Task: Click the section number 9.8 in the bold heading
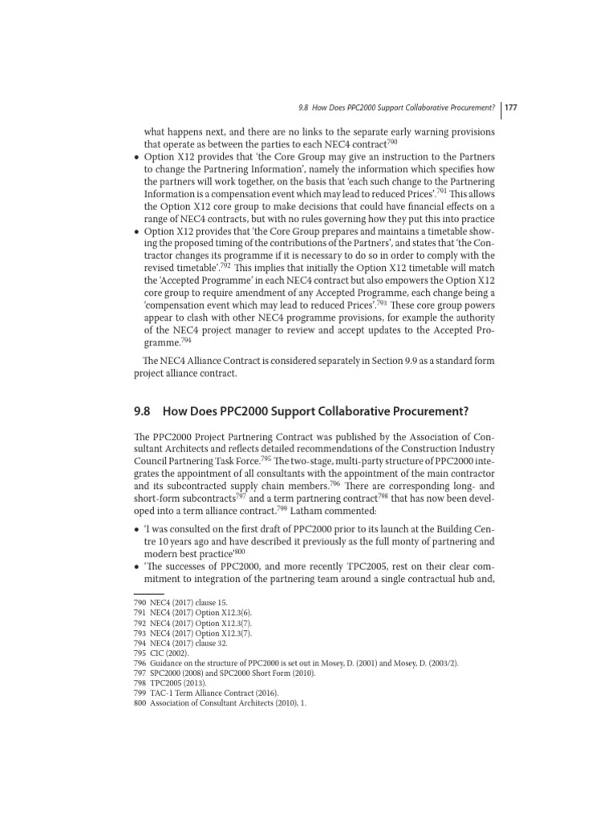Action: pyautogui.click(x=143, y=411)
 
